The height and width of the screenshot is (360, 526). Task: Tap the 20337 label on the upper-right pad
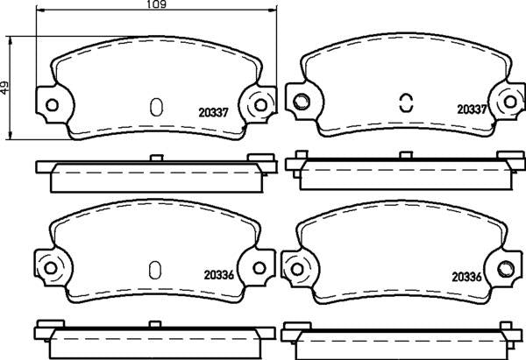coord(471,110)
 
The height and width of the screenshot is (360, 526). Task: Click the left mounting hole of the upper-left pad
coord(50,105)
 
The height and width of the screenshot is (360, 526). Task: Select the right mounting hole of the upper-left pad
coord(259,105)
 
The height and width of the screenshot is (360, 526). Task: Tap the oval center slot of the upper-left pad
coord(156,107)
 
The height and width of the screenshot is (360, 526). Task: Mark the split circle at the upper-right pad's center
coord(405,102)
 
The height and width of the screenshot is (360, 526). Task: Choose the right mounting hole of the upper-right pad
coord(508,102)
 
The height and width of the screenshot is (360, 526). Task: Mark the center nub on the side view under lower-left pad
coord(154,323)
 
